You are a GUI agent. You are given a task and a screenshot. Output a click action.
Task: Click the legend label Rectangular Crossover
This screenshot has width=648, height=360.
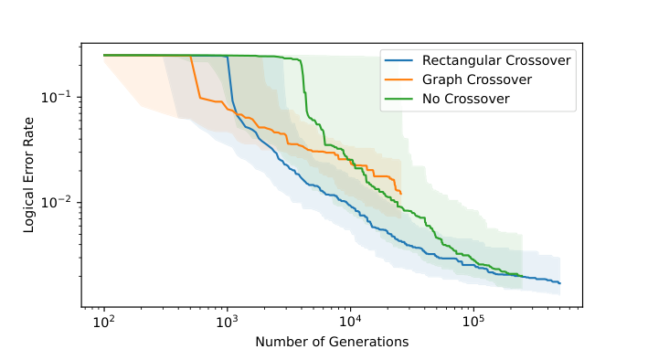pyautogui.click(x=496, y=61)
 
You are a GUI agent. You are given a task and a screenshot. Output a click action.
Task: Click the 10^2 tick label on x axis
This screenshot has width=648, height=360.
pyautogui.click(x=103, y=323)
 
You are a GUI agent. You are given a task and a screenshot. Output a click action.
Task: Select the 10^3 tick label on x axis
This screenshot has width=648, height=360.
pyautogui.click(x=227, y=323)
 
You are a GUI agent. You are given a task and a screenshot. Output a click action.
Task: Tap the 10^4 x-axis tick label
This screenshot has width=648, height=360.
pyautogui.click(x=350, y=323)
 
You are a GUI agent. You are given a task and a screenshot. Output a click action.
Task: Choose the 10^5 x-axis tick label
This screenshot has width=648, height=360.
pyautogui.click(x=473, y=323)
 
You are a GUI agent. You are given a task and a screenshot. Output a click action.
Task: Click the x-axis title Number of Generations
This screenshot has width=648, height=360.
pyautogui.click(x=332, y=342)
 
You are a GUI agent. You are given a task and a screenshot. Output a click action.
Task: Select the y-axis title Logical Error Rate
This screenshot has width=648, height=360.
pyautogui.click(x=30, y=175)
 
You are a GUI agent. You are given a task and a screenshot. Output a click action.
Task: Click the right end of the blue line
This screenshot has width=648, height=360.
pyautogui.click(x=559, y=283)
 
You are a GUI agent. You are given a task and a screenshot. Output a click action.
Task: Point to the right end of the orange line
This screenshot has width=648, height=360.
pyautogui.click(x=401, y=194)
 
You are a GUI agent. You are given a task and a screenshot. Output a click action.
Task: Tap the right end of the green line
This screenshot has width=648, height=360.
pyautogui.click(x=522, y=276)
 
